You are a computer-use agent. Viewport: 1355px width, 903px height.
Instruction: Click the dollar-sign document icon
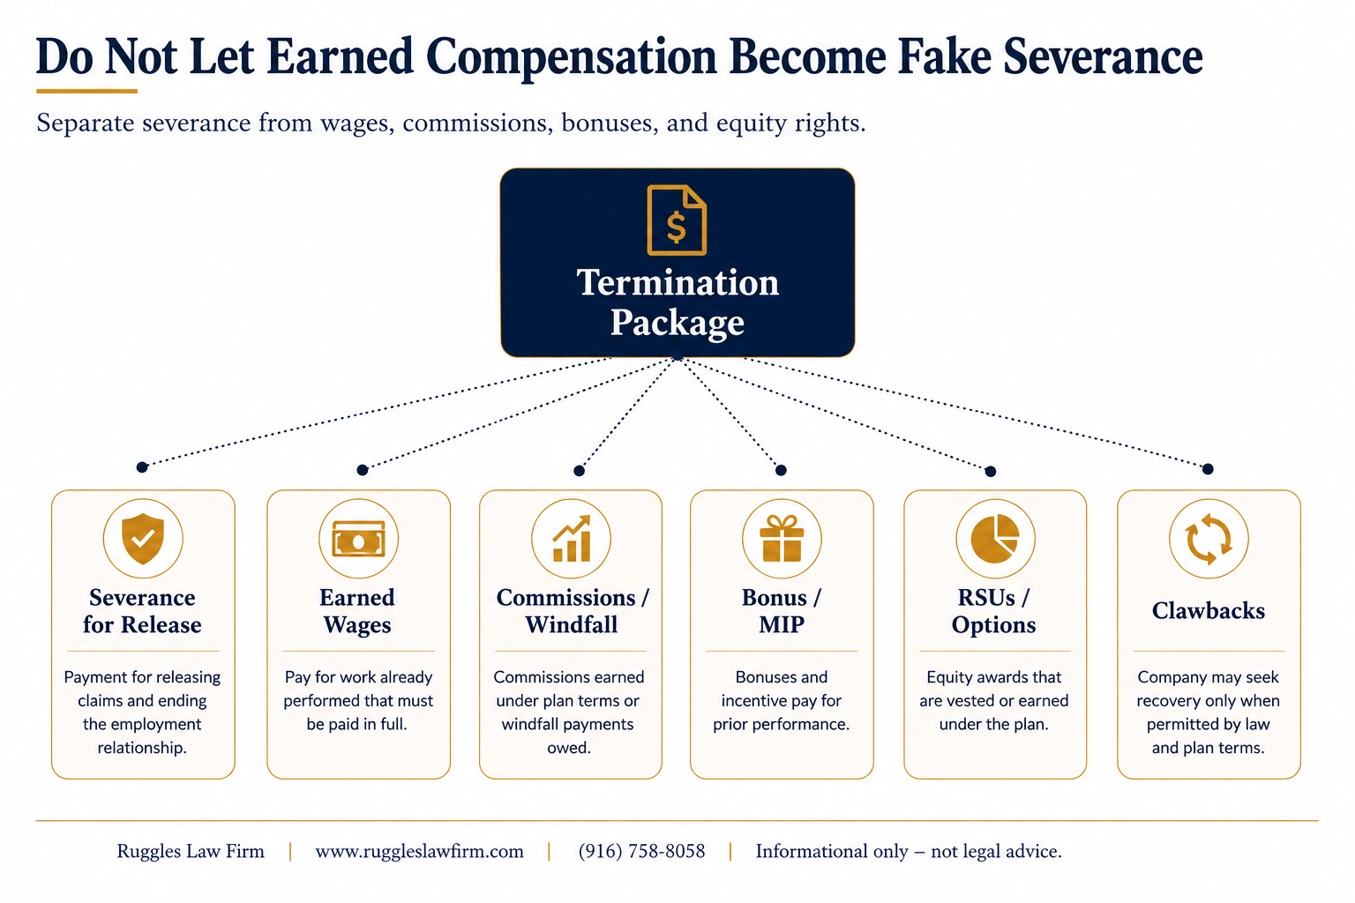(x=677, y=220)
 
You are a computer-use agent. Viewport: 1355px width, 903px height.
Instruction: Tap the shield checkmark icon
(x=143, y=538)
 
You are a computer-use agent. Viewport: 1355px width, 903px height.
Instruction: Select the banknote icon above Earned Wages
(x=359, y=538)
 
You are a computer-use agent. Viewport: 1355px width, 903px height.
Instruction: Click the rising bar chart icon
(x=571, y=538)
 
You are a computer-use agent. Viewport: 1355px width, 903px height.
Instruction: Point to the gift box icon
(x=782, y=538)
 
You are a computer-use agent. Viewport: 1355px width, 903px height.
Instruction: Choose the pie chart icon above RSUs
(x=995, y=538)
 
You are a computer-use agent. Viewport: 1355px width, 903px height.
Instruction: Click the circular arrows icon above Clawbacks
(x=1209, y=538)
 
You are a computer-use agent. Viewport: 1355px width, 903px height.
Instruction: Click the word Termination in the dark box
(x=677, y=282)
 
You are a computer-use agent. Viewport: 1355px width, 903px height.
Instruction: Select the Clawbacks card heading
(x=1208, y=611)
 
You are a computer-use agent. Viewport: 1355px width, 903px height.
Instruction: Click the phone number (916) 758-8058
(x=642, y=851)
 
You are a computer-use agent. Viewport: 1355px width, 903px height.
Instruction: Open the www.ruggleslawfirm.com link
(x=419, y=852)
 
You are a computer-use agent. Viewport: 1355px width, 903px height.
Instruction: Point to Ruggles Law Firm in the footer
(x=191, y=852)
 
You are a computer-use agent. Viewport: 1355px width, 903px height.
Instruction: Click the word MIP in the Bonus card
(x=782, y=624)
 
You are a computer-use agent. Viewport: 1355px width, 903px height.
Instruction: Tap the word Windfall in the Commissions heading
(x=571, y=624)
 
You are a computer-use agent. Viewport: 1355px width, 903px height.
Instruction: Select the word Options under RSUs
(x=993, y=625)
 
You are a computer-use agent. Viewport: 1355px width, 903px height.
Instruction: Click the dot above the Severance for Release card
(x=142, y=466)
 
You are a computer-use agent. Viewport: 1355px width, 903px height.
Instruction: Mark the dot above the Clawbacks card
(x=1208, y=469)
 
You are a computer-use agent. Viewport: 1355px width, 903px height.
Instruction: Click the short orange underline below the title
(x=86, y=92)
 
